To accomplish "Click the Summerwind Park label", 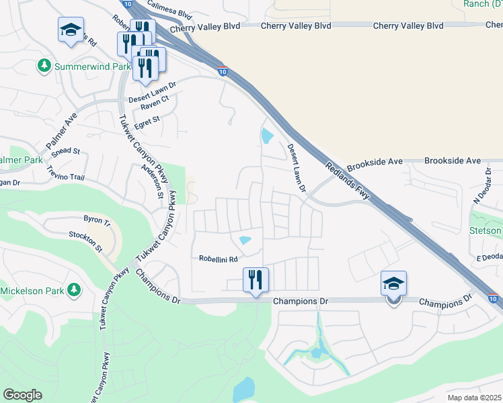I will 92,66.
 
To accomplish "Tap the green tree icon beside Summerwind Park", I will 44,66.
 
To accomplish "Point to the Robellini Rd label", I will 219,259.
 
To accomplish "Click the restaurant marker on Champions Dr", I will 256,279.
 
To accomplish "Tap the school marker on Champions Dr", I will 393,284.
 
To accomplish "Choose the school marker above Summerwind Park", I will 71,30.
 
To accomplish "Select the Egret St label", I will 147,120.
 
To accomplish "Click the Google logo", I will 22,395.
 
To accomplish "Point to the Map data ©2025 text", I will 474,398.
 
